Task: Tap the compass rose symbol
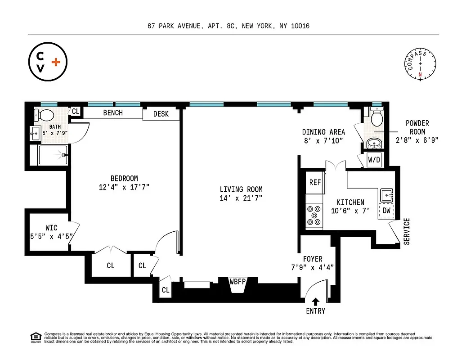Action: pyautogui.click(x=420, y=66)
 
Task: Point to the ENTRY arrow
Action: pyautogui.click(x=315, y=302)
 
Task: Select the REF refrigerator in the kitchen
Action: pyautogui.click(x=314, y=183)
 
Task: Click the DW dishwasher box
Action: pyautogui.click(x=386, y=210)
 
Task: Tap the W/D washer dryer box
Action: pyautogui.click(x=374, y=160)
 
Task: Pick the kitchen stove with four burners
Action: pyautogui.click(x=314, y=215)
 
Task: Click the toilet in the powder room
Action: pyautogui.click(x=376, y=118)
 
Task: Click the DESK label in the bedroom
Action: pyautogui.click(x=161, y=114)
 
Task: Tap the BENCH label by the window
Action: pyautogui.click(x=113, y=112)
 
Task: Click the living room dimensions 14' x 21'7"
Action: pyautogui.click(x=241, y=198)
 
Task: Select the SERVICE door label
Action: pyautogui.click(x=407, y=231)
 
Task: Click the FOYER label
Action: pyautogui.click(x=312, y=259)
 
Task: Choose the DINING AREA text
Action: pyautogui.click(x=323, y=132)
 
